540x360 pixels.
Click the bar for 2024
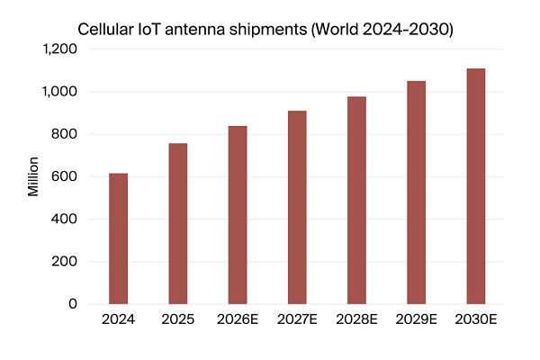pyautogui.click(x=118, y=238)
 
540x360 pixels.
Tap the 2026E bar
pyautogui.click(x=238, y=215)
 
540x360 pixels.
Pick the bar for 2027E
pyautogui.click(x=297, y=207)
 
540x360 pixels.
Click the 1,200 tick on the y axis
pyautogui.click(x=59, y=49)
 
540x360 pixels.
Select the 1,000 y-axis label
pyautogui.click(x=59, y=92)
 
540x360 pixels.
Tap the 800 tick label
pyautogui.click(x=65, y=134)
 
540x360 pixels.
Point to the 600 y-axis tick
pyautogui.click(x=65, y=176)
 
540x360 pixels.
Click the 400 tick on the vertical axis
pyautogui.click(x=65, y=219)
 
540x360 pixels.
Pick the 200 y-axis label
pyautogui.click(x=65, y=262)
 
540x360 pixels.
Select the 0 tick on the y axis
pyautogui.click(x=73, y=304)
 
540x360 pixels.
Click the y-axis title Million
pyautogui.click(x=33, y=176)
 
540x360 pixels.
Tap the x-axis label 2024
pyautogui.click(x=118, y=319)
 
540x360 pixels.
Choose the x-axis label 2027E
pyautogui.click(x=297, y=319)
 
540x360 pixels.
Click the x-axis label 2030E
pyautogui.click(x=476, y=319)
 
